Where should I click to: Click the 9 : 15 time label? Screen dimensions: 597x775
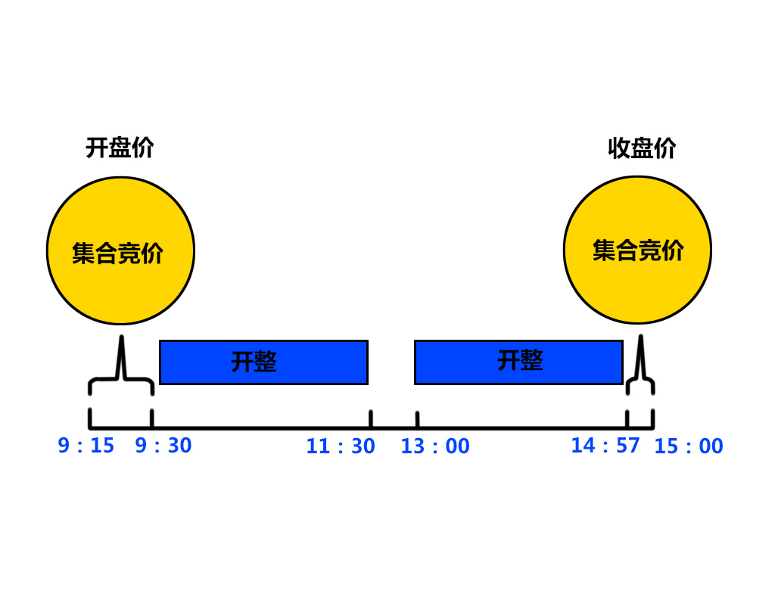(86, 446)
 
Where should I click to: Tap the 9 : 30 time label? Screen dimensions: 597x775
(163, 446)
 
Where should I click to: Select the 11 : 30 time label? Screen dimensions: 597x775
(341, 446)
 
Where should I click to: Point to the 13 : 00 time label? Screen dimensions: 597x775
(435, 446)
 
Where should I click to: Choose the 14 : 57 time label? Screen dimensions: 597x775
(605, 446)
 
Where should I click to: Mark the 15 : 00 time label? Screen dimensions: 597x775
(689, 446)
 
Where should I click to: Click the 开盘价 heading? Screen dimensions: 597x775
(120, 148)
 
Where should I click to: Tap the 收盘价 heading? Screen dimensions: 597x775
(642, 148)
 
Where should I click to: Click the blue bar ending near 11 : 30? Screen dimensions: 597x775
(263, 362)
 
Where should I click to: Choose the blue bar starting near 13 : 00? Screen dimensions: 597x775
(518, 362)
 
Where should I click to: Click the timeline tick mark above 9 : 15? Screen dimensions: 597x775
(90, 418)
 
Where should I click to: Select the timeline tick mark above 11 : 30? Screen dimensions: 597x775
(371, 419)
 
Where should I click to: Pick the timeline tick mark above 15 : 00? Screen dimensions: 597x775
(652, 418)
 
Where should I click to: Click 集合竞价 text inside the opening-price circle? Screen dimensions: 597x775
(118, 253)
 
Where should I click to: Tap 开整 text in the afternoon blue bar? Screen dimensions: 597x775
(520, 360)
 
